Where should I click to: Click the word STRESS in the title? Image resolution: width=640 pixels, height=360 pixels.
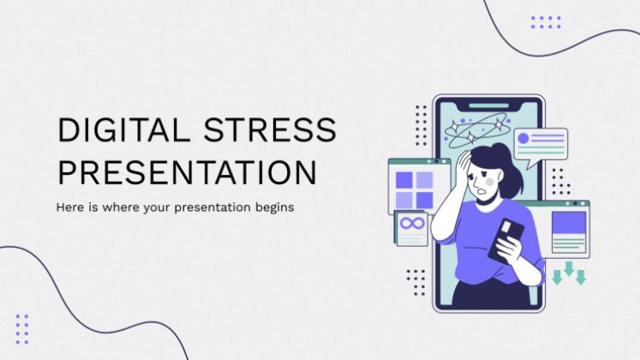click(270, 130)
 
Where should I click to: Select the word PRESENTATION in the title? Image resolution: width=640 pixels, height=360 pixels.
click(188, 172)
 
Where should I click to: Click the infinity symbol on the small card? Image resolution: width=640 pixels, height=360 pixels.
click(412, 223)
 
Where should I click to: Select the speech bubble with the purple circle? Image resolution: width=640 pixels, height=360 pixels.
click(541, 146)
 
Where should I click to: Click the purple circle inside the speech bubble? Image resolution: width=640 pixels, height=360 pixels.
click(523, 138)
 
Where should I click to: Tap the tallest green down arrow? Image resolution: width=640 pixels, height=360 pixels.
click(569, 268)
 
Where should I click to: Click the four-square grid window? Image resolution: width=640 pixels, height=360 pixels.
click(419, 187)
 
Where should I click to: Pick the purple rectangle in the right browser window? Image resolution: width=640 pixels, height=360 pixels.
click(569, 223)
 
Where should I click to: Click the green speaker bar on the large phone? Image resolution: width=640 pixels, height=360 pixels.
click(488, 106)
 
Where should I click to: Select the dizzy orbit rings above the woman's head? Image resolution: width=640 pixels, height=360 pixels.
click(477, 130)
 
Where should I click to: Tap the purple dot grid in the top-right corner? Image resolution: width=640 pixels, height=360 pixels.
click(546, 22)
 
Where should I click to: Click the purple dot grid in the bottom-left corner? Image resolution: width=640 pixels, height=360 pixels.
click(22, 329)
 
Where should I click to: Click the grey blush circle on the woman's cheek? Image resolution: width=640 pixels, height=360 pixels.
click(490, 182)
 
